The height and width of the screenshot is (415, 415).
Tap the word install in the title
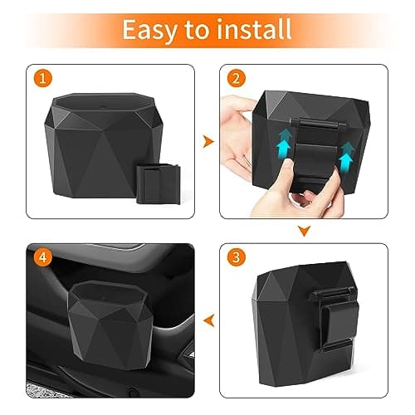[252, 29]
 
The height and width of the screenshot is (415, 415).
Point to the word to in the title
[197, 30]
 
